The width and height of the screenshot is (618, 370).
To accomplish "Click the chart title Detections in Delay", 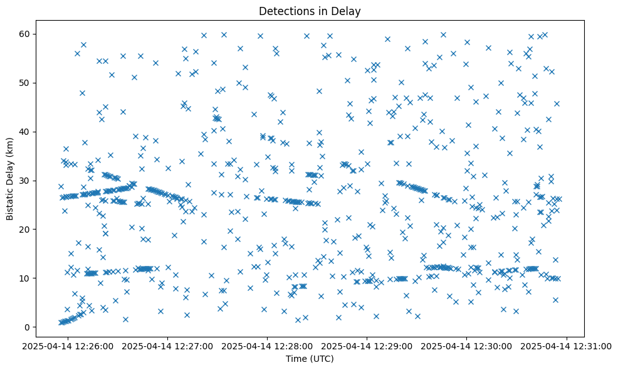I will coord(310,11).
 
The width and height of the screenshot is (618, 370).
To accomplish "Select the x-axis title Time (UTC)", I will coord(310,359).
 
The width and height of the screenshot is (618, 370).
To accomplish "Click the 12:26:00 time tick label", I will coord(69,346).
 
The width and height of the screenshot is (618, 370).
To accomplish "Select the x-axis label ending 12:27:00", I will coord(169,346).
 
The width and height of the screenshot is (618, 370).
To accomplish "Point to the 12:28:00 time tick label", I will coord(268,346).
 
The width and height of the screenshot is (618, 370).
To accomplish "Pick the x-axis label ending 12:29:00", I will coord(368,346).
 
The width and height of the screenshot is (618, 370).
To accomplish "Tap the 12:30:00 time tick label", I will coord(468,346).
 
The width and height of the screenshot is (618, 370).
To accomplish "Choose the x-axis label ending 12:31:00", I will coord(567,346).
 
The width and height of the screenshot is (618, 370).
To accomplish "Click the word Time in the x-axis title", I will coord(297,359).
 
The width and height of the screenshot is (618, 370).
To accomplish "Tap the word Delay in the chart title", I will coord(348,11).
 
